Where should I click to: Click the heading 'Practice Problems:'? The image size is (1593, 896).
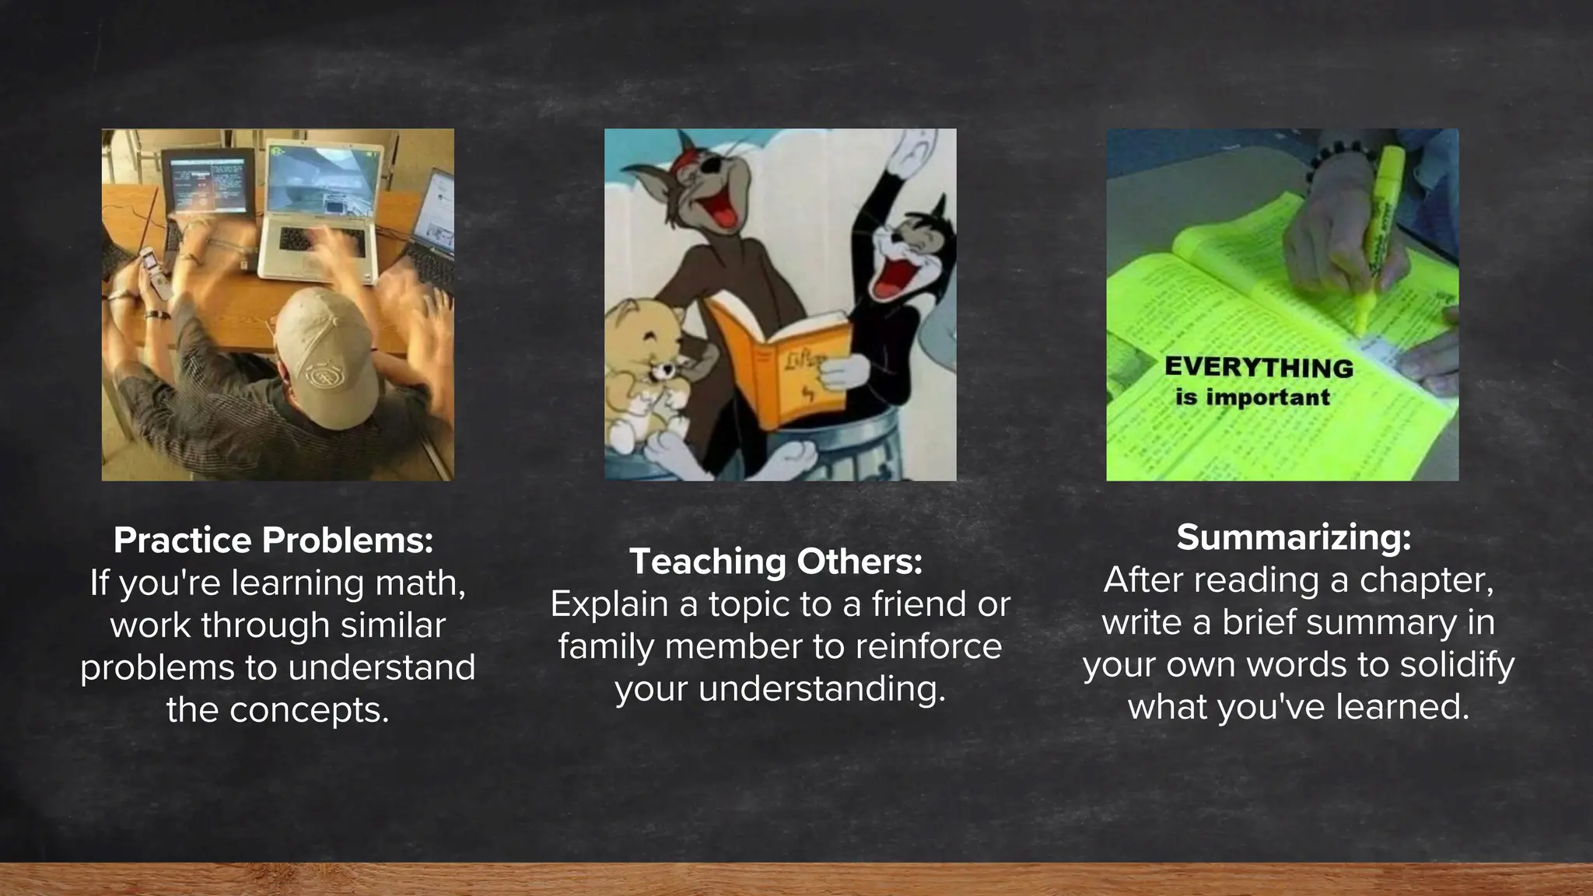coord(273,541)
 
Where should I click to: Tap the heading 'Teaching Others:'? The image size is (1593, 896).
coord(775,562)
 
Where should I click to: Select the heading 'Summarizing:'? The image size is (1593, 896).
coord(1294,537)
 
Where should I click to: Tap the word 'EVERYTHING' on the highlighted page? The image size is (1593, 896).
coord(1259,368)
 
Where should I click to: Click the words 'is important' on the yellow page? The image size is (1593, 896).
coord(1252,398)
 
